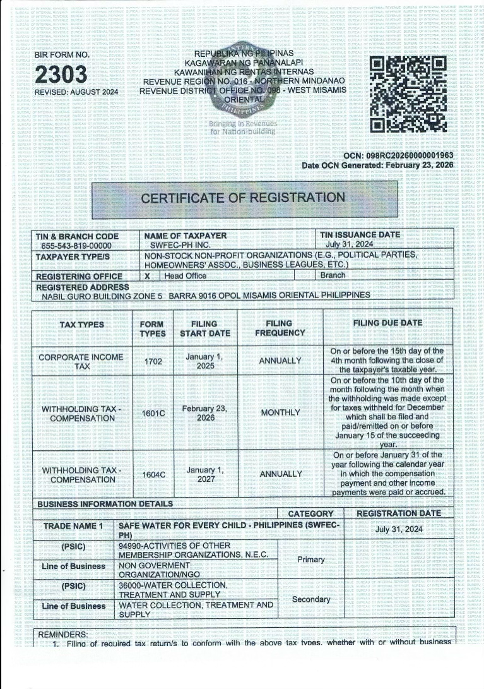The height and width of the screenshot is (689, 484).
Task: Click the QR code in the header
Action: coord(407,93)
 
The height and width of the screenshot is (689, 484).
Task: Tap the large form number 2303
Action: coord(61,75)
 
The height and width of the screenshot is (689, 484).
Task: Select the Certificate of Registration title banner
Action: coord(243,198)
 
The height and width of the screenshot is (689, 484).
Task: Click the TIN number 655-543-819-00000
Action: coord(76,246)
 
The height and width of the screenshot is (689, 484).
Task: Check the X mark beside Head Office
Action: coord(148,276)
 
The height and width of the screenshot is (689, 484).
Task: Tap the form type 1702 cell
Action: coord(153,361)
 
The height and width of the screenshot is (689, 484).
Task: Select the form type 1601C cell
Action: coord(153,413)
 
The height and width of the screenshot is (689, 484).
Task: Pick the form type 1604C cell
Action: coord(153,474)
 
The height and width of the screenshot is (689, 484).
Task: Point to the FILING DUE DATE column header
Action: coord(387,323)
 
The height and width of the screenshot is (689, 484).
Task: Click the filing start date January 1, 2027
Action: coord(204,474)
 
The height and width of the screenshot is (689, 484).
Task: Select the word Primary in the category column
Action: coord(311,560)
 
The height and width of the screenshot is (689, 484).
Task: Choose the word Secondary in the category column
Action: coord(311,599)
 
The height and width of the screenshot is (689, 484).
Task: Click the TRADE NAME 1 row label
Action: coord(73,526)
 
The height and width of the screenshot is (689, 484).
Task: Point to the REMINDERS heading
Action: coord(64,634)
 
